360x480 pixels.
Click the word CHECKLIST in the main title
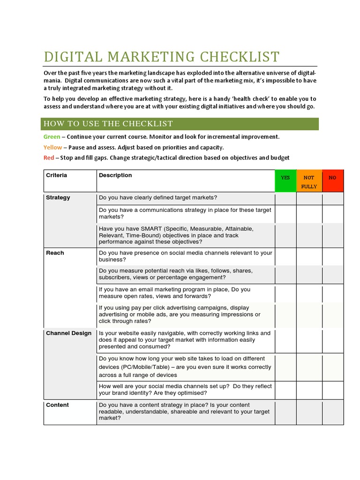point(240,57)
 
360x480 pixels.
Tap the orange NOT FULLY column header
point(309,181)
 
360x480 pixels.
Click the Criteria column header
point(56,175)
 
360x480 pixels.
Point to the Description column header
point(115,175)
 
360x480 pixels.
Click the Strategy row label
point(58,197)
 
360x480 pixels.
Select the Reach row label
point(55,253)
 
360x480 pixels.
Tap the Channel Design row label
point(68,333)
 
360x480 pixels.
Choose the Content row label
point(57,405)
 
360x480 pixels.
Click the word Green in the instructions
point(52,137)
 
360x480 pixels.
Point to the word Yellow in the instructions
point(52,147)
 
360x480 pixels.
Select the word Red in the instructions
point(49,157)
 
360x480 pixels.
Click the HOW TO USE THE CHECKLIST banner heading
point(108,124)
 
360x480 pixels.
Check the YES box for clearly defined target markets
point(285,198)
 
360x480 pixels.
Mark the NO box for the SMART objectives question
point(332,235)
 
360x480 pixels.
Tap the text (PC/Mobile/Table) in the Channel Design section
point(146,367)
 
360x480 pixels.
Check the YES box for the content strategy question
point(285,412)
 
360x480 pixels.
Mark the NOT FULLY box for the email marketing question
point(309,293)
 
